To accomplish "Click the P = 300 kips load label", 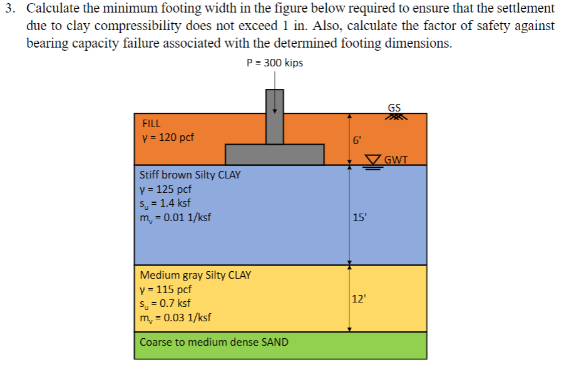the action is point(275,63).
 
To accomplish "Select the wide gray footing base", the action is point(274,154).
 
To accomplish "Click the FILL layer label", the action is point(151,123).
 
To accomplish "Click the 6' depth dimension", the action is point(357,141).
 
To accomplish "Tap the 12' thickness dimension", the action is point(359,299).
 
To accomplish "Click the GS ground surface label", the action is point(394,107).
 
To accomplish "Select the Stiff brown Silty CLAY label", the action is point(190,175).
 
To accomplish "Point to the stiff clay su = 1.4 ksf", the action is point(165,203).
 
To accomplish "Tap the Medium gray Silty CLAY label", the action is point(195,275).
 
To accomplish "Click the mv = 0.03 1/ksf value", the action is point(175,318).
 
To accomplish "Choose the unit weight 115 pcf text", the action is point(166,289).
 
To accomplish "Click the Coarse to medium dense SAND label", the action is point(214,342).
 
